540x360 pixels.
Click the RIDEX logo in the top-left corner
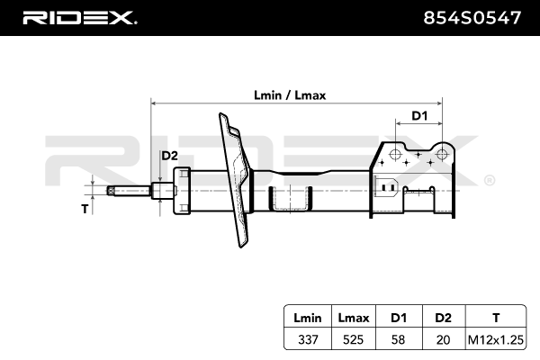(x=79, y=17)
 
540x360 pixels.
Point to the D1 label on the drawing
(x=418, y=115)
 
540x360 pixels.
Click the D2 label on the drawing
(x=169, y=157)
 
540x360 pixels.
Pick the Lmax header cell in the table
(x=352, y=318)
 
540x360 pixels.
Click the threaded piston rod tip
(x=115, y=191)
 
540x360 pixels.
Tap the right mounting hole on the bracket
(x=442, y=154)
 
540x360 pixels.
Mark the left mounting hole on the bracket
(x=394, y=155)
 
